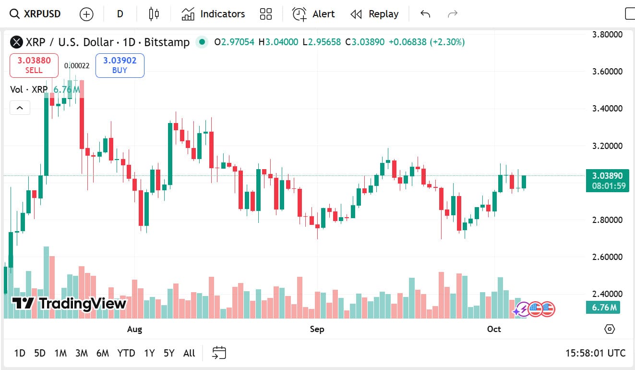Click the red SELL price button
(34, 65)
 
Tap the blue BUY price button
(120, 65)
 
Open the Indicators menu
(213, 14)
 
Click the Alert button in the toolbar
(314, 14)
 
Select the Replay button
(375, 14)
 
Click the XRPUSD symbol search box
(36, 14)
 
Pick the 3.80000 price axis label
(607, 35)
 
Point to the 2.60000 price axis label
(607, 257)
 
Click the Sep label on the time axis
(317, 329)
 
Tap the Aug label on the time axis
(134, 329)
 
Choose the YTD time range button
(126, 353)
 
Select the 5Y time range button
(169, 353)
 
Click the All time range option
(189, 353)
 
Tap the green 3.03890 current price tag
(607, 180)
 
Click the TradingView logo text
(70, 303)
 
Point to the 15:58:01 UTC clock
(595, 353)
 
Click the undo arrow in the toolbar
(425, 14)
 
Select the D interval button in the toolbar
(120, 14)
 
